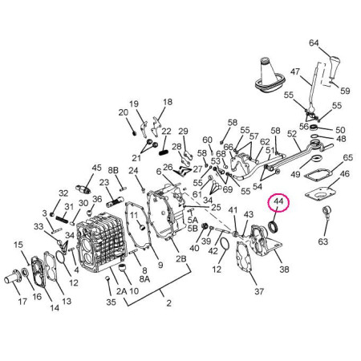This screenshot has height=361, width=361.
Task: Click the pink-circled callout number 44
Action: pos(278,202)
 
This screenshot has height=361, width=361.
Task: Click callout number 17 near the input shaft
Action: pos(22,302)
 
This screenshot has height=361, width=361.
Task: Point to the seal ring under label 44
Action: pos(274,227)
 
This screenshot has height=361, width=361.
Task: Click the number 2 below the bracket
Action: pos(168,303)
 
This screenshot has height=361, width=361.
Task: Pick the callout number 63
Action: pos(322,241)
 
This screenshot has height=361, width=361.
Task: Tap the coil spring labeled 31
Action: pos(64,218)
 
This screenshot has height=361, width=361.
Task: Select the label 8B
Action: pos(113,171)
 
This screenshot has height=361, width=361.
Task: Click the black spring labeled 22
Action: pos(164,152)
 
